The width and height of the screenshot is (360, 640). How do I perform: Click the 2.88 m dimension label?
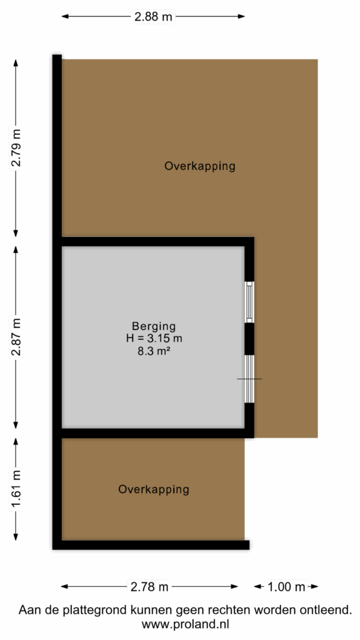pos(152,17)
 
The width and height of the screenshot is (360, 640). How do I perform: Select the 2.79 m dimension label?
pos(16,148)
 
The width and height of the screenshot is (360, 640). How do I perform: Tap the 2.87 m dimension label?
pos(16,337)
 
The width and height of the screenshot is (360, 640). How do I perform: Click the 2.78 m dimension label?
pos(149,587)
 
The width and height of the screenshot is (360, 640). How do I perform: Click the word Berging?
pos(154,327)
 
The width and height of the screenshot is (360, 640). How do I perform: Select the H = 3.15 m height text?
pos(154,338)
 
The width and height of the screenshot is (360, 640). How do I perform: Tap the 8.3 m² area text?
pos(154,350)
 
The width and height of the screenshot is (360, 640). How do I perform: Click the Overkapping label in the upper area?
pos(200,166)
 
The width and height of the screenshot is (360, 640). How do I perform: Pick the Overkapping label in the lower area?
pos(154,489)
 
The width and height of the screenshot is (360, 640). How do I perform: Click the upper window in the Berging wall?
pos(249,302)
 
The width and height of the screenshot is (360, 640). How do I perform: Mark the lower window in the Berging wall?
pos(249,379)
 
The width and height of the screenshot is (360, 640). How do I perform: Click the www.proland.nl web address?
pos(185,624)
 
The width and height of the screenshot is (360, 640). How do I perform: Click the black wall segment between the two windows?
pos(249,339)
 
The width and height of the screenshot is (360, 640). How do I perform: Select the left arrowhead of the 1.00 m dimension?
pos(257,587)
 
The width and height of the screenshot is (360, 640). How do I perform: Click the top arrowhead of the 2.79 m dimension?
pos(16,63)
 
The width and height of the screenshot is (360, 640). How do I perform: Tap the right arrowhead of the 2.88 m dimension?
pos(241,16)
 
